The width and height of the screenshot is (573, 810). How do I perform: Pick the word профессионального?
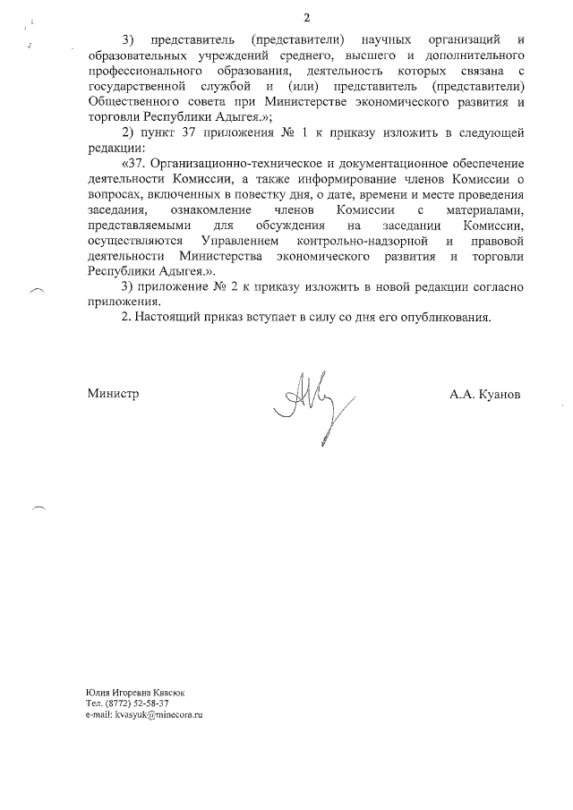(143, 71)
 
